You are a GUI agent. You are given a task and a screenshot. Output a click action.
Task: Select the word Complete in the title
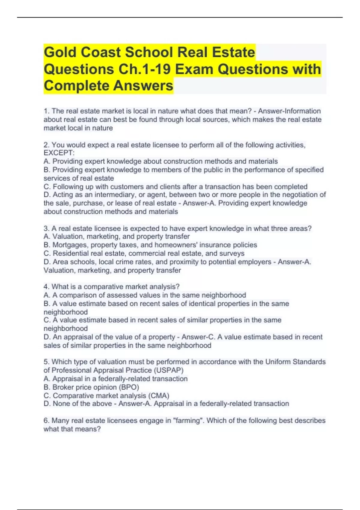(76, 86)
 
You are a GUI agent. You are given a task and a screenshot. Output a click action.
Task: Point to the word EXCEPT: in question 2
(59, 153)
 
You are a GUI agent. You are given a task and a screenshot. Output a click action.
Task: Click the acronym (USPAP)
(170, 370)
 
